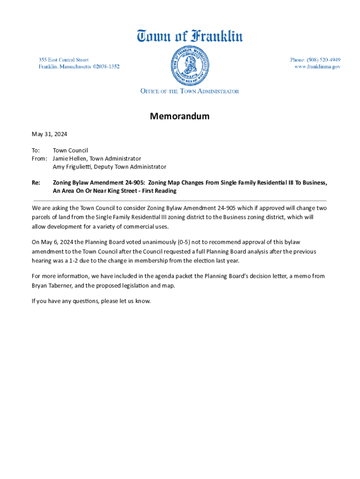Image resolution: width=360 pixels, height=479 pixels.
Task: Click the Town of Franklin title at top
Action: click(x=189, y=36)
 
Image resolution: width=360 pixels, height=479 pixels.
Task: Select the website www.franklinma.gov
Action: click(x=317, y=67)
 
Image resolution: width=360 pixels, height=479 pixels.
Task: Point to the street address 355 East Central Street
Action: click(x=64, y=60)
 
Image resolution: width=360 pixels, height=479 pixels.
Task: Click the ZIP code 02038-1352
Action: click(x=106, y=67)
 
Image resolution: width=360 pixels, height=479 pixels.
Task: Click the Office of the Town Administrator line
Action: click(x=189, y=91)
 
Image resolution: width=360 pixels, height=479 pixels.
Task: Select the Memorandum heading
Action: click(x=180, y=116)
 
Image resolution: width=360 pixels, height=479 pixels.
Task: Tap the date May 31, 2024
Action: click(x=50, y=134)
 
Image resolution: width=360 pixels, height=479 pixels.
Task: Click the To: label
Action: click(x=36, y=151)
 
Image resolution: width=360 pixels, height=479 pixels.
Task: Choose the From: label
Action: click(x=39, y=159)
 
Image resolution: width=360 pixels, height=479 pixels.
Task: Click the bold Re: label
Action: click(x=36, y=182)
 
